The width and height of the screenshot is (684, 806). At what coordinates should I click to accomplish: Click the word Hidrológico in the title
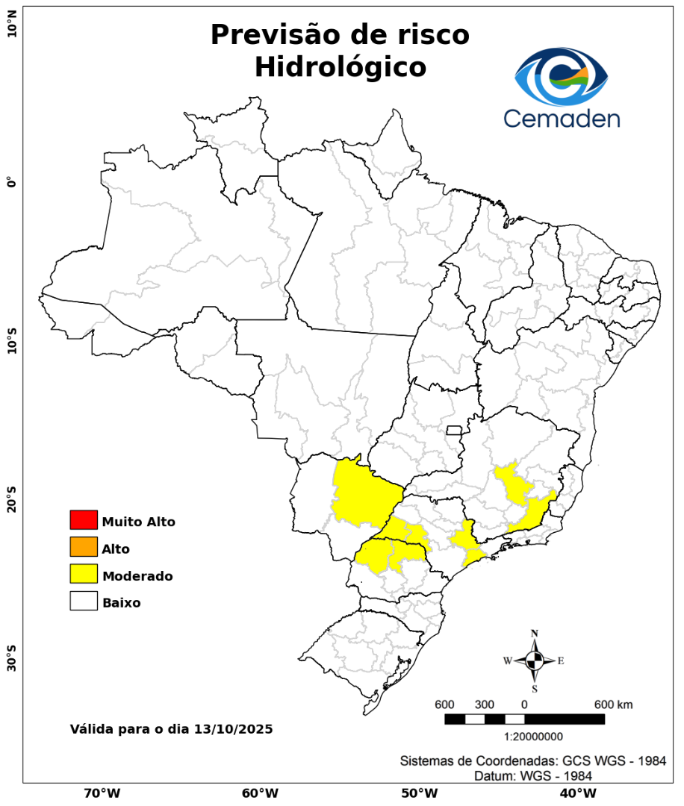click(x=340, y=67)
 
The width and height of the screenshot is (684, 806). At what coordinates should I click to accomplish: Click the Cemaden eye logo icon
click(x=562, y=77)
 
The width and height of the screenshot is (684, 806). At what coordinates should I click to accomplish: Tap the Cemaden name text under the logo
click(x=562, y=118)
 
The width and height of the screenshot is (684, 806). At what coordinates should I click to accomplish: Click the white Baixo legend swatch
click(x=84, y=602)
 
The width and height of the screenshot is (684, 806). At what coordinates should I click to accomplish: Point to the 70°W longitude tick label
click(x=102, y=793)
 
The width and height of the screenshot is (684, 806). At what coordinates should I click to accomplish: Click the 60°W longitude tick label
click(x=260, y=793)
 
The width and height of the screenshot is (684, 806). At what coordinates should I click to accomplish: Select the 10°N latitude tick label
click(x=12, y=28)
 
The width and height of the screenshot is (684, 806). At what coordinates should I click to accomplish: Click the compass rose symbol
click(x=535, y=660)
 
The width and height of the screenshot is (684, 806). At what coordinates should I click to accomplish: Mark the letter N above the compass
click(x=535, y=634)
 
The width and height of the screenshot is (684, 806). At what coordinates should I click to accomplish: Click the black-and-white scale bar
click(x=524, y=719)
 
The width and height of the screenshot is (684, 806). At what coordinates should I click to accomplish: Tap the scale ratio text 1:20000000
click(x=534, y=737)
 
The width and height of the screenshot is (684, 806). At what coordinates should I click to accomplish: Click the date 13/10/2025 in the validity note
click(x=233, y=728)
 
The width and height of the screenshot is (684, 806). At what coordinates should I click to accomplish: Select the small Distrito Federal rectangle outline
click(x=454, y=430)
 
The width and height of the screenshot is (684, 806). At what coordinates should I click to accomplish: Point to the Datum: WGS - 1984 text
click(x=534, y=776)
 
